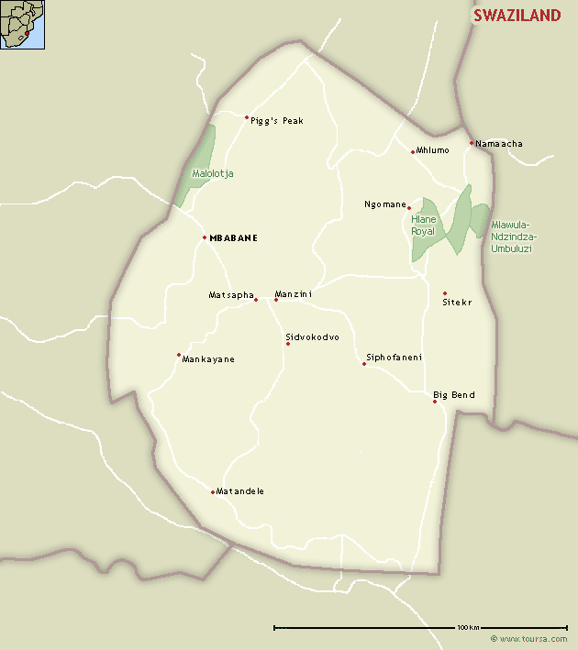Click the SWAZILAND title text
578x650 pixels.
pos(517,16)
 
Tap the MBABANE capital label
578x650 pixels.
pos(233,238)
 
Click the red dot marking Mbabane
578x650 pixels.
pos(205,237)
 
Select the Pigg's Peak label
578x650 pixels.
pos(276,121)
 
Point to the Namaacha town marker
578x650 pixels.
pos(472,143)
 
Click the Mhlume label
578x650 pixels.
pos(433,150)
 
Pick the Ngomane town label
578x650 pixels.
pos(385,204)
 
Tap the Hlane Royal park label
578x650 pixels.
pos(424,226)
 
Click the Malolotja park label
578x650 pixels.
pos(213,173)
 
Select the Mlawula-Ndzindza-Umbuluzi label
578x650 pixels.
pos(514,237)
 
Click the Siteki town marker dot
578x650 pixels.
pos(445,293)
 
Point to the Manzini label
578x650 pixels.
pos(294,294)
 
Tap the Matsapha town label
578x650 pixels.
pos(230,295)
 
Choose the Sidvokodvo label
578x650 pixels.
pos(312,337)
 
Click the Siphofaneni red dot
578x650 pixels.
pos(364,364)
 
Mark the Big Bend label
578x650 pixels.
pos(454,395)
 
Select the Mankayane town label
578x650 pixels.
pos(208,359)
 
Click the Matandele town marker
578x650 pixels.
pos(213,492)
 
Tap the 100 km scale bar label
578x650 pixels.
pos(468,627)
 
